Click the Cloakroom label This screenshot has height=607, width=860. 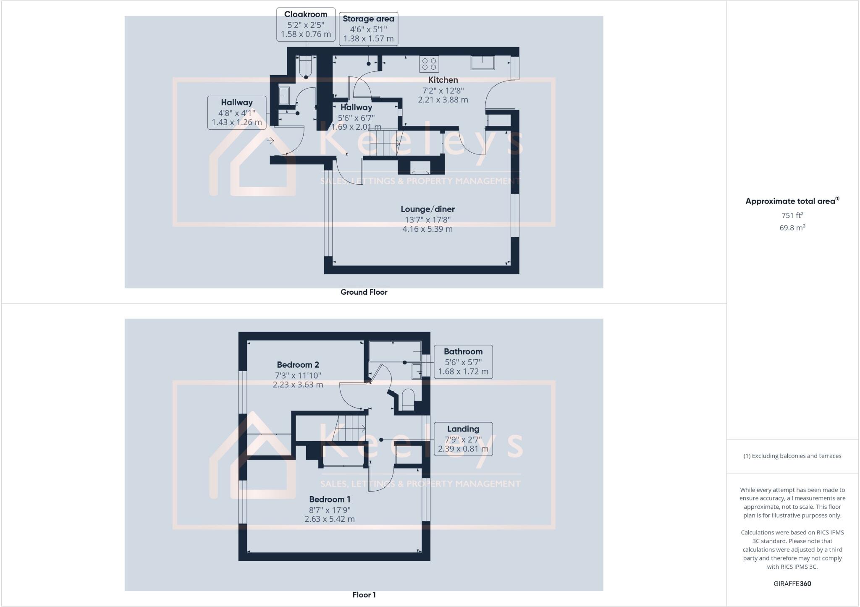point(306,14)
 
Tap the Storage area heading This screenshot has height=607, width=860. point(368,19)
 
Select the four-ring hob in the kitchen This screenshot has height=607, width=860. point(429,64)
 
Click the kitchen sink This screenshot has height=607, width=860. point(483,63)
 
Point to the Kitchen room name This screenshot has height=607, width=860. point(443,80)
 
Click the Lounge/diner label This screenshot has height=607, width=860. point(427,209)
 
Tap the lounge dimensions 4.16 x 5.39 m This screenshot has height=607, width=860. point(427,229)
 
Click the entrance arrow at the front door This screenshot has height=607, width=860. point(270,141)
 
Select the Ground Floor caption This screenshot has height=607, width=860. point(364,292)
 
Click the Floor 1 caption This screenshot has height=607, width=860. point(364,595)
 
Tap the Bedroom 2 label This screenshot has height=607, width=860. point(298,365)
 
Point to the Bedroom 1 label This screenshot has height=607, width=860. point(330,500)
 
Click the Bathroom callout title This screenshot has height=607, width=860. point(463,352)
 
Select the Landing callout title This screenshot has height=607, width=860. point(463,429)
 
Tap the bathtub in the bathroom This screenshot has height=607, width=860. point(395,351)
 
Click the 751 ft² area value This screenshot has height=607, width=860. point(792,215)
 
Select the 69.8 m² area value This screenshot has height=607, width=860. point(792,228)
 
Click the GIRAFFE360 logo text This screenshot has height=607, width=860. point(792,583)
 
